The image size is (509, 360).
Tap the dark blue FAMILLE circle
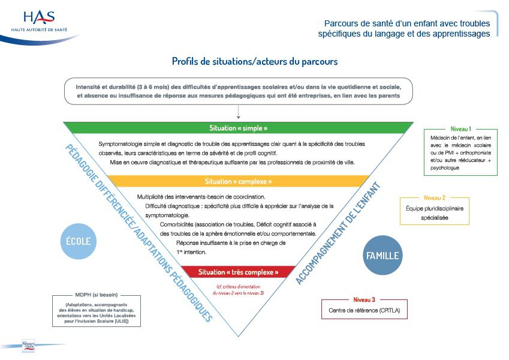[x=382, y=256]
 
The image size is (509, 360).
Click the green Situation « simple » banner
[x=238, y=128]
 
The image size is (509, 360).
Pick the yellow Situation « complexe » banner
[x=238, y=181]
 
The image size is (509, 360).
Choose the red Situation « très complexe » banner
[x=238, y=272]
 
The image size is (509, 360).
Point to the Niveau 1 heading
[x=460, y=129]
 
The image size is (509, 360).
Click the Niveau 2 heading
[x=434, y=197]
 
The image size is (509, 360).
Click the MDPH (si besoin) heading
[x=97, y=295]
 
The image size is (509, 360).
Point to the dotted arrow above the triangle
[x=238, y=111]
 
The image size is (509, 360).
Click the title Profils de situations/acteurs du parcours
[x=254, y=61]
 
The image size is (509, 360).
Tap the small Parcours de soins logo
[x=29, y=346]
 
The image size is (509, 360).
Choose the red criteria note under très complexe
[x=238, y=289]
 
